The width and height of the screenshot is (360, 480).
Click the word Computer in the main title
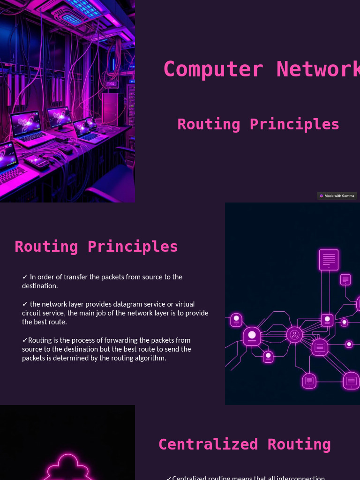pyautogui.click(x=213, y=69)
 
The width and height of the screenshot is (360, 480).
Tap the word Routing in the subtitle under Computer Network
pyautogui.click(x=209, y=124)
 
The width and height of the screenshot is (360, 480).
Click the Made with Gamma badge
pyautogui.click(x=337, y=196)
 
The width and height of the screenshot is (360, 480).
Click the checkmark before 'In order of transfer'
pyautogui.click(x=25, y=277)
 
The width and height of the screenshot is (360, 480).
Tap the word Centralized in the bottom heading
pyautogui.click(x=208, y=444)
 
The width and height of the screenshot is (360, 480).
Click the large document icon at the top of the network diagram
pyautogui.click(x=329, y=260)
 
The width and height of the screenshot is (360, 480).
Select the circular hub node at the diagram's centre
pyautogui.click(x=294, y=335)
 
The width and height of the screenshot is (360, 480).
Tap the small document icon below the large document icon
pyautogui.click(x=345, y=280)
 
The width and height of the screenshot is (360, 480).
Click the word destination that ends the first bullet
pyautogui.click(x=39, y=286)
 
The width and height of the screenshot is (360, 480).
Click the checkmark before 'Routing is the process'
pyautogui.click(x=25, y=340)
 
